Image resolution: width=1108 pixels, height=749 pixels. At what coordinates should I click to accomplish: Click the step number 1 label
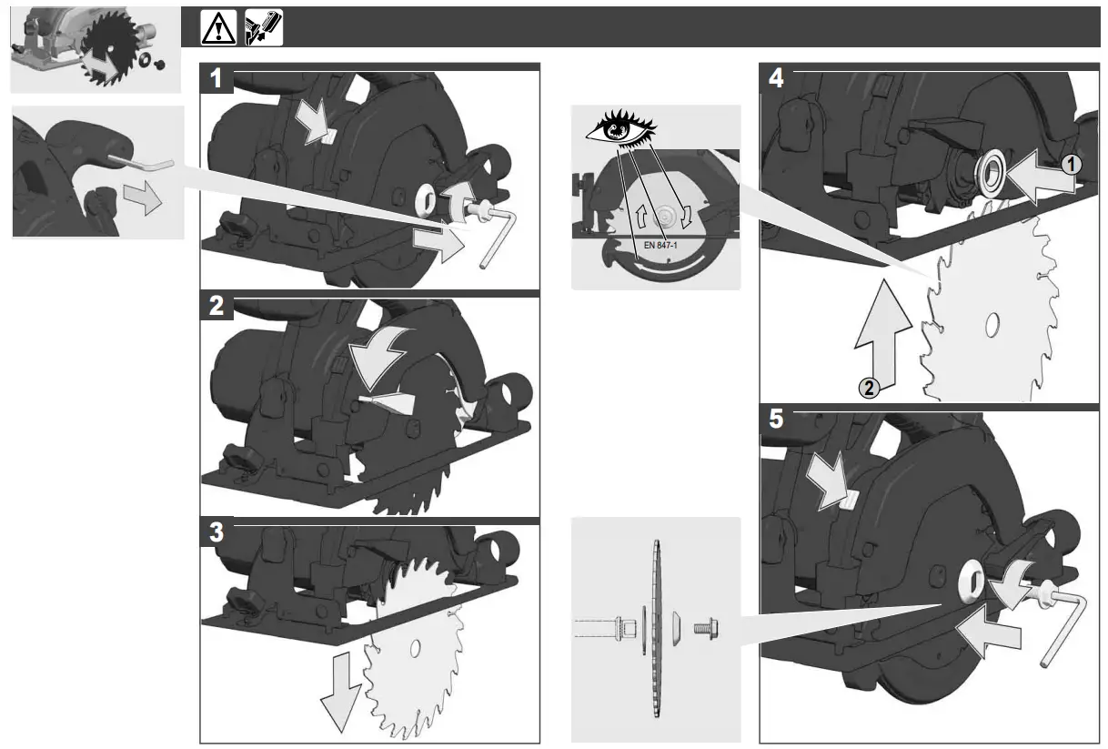[217, 78]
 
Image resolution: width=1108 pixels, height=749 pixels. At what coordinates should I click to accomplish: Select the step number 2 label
[217, 306]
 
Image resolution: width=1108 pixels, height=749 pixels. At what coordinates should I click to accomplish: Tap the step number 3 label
[217, 532]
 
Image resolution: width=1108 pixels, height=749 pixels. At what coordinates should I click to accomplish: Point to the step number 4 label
[775, 78]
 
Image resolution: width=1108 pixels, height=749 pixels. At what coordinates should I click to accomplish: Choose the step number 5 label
[775, 420]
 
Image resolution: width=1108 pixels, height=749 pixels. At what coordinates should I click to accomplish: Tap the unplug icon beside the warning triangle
[265, 28]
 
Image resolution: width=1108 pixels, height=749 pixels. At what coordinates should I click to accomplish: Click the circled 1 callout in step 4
[1073, 165]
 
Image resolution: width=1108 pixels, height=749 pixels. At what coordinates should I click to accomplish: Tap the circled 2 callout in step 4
[870, 389]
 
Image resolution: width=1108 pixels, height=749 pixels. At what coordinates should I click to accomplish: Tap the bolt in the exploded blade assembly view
[704, 628]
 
